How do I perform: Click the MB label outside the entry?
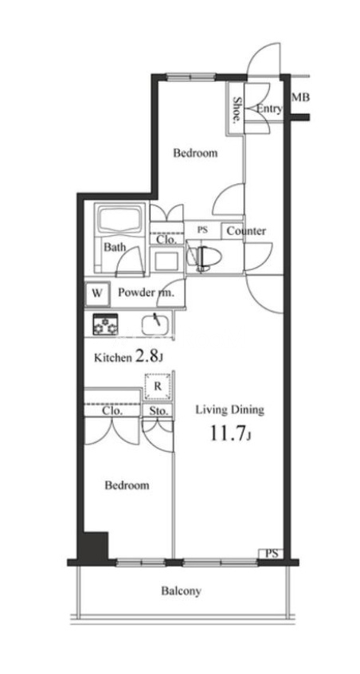(x=300, y=97)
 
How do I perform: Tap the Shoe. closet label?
(x=237, y=110)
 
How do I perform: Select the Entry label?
(x=269, y=109)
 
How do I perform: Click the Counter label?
(x=246, y=231)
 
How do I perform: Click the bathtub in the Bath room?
(x=120, y=221)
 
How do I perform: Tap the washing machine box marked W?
(x=97, y=294)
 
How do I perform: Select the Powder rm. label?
(x=146, y=294)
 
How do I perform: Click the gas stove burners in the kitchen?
(x=105, y=323)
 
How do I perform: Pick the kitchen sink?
(x=155, y=323)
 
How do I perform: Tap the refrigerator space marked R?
(x=158, y=386)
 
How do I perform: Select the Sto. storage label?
(x=158, y=411)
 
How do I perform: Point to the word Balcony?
(x=181, y=591)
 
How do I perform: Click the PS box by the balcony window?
(x=271, y=554)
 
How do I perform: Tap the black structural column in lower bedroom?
(x=96, y=547)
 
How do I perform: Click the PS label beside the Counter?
(x=202, y=230)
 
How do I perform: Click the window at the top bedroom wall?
(x=190, y=77)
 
